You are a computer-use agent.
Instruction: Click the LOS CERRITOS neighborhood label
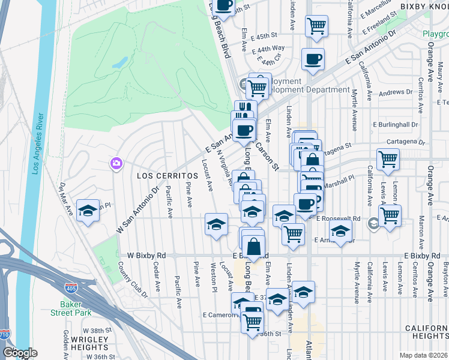point(159,176)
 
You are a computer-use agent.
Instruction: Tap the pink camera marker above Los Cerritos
point(116,163)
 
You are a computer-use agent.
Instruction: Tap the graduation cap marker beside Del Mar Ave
point(88,211)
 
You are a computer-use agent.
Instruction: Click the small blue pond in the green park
point(119,62)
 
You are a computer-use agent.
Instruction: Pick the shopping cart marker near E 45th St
point(316,26)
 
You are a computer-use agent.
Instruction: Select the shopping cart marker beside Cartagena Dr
point(388,160)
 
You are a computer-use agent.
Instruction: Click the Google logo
point(20,353)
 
